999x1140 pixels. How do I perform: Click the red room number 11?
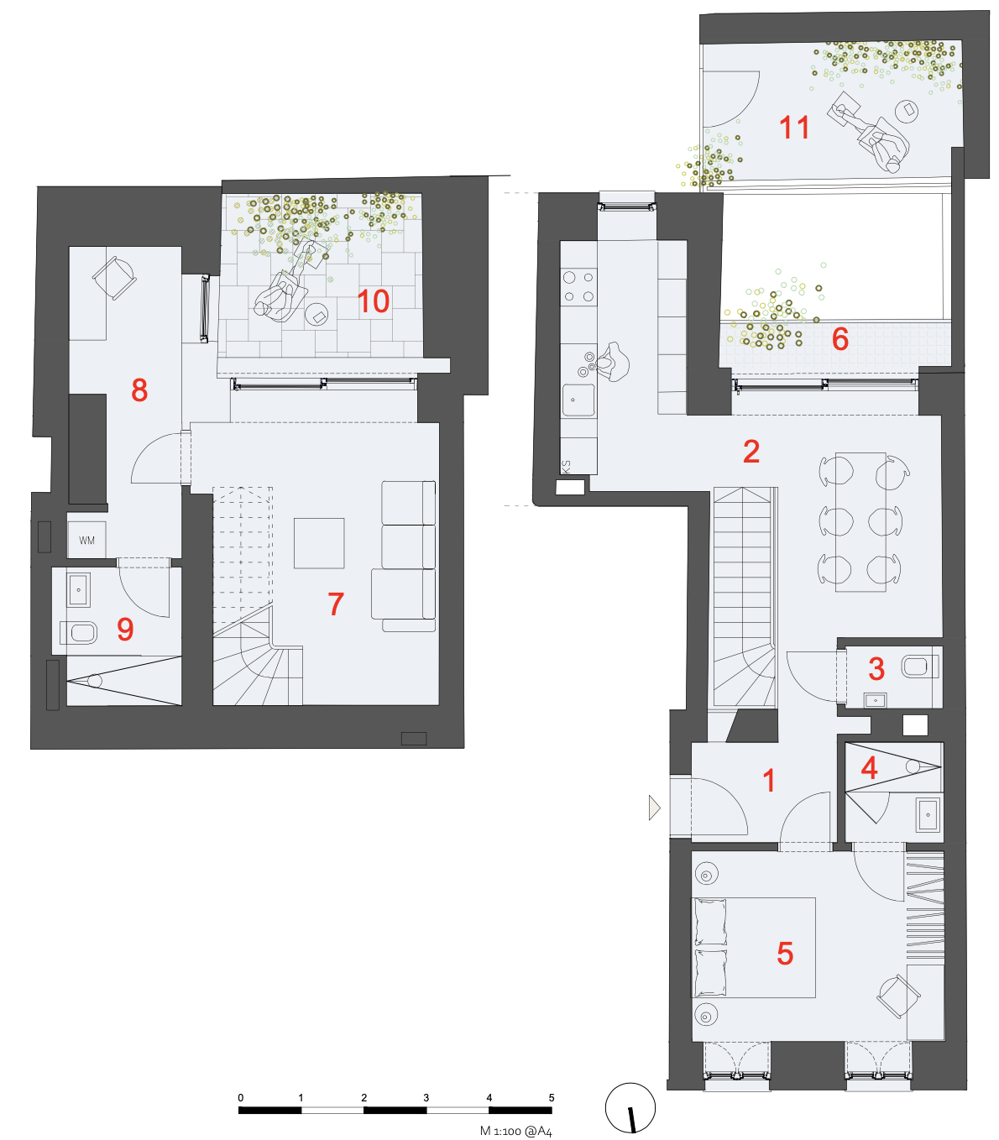(x=794, y=128)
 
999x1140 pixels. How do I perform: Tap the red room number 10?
(x=374, y=301)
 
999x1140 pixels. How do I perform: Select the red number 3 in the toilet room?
(x=876, y=669)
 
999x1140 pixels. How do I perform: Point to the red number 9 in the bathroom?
(x=125, y=629)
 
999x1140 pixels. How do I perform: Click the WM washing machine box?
(x=87, y=541)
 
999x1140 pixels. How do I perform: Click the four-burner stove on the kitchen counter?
(x=578, y=285)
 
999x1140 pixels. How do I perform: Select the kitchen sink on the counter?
(x=578, y=400)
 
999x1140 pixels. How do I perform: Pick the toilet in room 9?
(x=80, y=631)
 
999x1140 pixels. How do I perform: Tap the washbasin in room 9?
(x=79, y=590)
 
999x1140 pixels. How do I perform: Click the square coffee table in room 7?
(x=319, y=543)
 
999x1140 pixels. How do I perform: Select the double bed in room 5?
(x=753, y=948)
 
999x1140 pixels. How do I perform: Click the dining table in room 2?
(x=860, y=521)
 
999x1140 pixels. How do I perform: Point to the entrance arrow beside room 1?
(x=655, y=808)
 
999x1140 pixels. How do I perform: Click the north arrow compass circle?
(x=630, y=1107)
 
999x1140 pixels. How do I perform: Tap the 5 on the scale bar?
(x=552, y=1097)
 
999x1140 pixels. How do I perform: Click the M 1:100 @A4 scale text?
(x=515, y=1131)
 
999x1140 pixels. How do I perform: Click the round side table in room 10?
(x=317, y=314)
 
